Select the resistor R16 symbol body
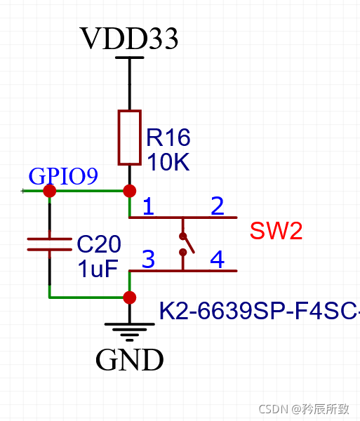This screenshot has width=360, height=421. coord(129,136)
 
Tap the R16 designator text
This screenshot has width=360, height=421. coord(168,138)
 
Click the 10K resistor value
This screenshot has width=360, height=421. coord(168,162)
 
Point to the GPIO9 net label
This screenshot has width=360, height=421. coord(62,176)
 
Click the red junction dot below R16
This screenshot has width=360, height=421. coord(129,191)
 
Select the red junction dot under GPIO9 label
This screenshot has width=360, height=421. coord(49,191)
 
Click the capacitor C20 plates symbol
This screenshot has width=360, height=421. coord(49,245)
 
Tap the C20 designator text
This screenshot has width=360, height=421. coord(99,244)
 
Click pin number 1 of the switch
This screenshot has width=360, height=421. coord(148,206)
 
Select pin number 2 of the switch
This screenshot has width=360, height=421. coord(218,206)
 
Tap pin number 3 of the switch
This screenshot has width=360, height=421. coord(148,260)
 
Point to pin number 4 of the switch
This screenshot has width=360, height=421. coord(218,260)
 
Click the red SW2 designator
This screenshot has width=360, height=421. coord(276,231)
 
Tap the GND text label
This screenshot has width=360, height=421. coord(129,360)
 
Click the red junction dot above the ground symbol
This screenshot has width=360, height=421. coord(129,298)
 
